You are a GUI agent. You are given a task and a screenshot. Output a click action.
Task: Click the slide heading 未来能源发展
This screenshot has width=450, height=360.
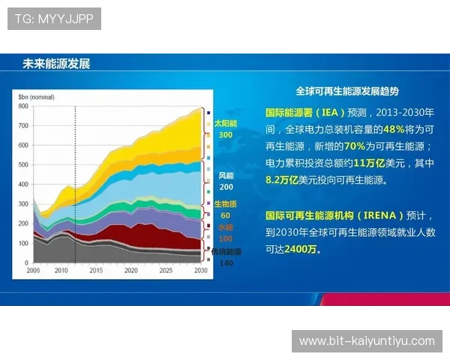click(56, 64)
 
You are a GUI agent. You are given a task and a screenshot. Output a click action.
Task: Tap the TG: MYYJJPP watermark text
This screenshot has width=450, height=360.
click(54, 19)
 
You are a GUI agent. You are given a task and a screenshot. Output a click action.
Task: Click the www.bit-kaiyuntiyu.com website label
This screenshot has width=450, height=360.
click(367, 340)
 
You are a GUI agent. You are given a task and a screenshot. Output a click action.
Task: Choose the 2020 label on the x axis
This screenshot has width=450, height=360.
click(130, 270)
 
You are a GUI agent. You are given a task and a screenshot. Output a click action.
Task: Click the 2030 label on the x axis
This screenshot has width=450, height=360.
click(199, 270)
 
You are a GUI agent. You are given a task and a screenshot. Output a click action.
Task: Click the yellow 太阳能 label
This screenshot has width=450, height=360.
click(225, 123)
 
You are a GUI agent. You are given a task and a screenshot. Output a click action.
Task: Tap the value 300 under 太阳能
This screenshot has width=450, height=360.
click(225, 135)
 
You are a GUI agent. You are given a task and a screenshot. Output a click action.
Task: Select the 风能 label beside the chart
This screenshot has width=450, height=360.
click(226, 175)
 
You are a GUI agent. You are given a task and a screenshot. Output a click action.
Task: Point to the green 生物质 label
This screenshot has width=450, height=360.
click(225, 204)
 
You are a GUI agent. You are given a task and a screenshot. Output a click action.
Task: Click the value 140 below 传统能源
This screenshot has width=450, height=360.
click(226, 263)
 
